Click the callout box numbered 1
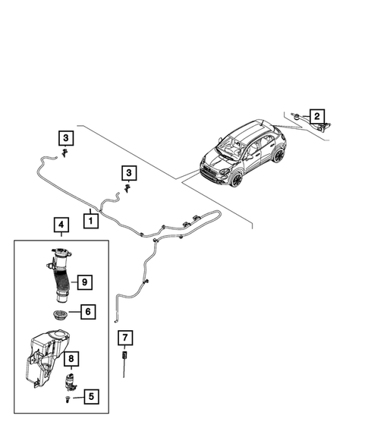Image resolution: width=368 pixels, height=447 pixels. pos(90,222)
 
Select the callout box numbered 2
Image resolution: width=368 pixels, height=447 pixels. pos(317,116)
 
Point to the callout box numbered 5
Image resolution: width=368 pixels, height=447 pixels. pos(92,395)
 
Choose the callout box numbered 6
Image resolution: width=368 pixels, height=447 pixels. pos(87,311)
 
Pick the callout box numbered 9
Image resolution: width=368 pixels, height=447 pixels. pos(84,282)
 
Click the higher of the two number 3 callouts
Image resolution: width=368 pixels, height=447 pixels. pos(67,137)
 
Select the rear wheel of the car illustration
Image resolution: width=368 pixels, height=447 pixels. pos(278,157)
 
